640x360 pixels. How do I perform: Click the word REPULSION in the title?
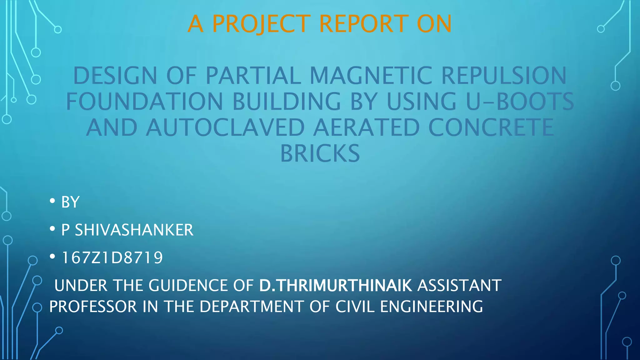tap(504, 76)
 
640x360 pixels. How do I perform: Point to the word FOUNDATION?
tap(144, 102)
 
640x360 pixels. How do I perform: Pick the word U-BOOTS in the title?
tap(520, 102)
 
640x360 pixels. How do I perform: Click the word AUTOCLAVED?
tap(225, 127)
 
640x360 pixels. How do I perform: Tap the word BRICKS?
tap(320, 153)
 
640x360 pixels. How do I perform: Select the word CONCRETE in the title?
tap(491, 127)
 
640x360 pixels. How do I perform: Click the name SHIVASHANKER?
tap(134, 230)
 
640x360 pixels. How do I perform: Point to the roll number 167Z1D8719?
tap(112, 258)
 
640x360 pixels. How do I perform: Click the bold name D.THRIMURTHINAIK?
tap(336, 286)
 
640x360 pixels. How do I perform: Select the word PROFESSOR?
tap(93, 307)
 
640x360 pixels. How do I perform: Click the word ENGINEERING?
tap(432, 307)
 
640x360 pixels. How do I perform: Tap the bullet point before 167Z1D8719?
tap(52, 257)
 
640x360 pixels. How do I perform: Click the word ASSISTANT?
tap(459, 286)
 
